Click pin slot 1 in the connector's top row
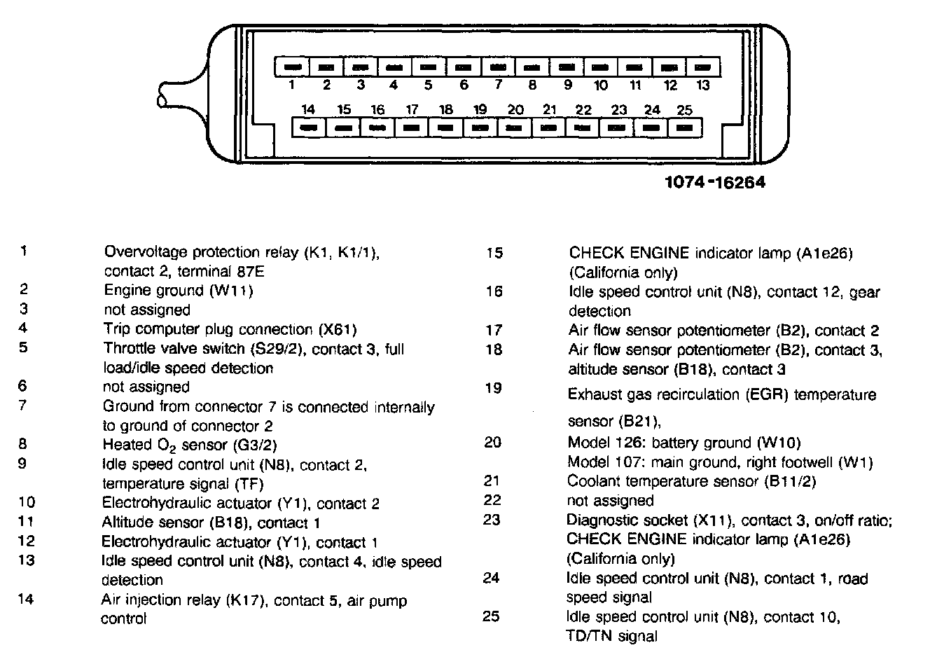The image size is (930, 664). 291,67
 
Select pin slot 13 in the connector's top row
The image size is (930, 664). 704,67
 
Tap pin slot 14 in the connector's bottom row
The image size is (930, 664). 309,128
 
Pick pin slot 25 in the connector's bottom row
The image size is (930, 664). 686,128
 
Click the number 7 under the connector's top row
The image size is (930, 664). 498,85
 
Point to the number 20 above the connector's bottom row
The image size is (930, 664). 515,110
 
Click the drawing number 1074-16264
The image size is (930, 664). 714,183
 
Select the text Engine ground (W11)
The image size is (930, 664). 178,290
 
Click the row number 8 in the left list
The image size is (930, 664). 24,443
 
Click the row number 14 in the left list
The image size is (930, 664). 26,599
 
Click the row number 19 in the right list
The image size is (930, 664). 494,387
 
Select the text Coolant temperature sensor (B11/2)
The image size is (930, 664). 691,481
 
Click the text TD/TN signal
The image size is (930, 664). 611,636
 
